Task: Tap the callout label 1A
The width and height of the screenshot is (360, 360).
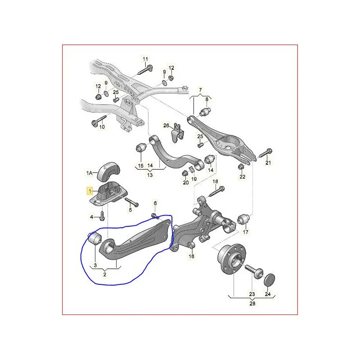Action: [90, 172]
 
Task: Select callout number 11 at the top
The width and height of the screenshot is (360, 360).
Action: [145, 59]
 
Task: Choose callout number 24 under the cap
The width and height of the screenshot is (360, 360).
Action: [268, 295]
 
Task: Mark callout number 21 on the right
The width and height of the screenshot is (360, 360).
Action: [269, 162]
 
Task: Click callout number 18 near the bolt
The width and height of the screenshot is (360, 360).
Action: [215, 181]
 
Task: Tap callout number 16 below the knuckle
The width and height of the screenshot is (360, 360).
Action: [191, 256]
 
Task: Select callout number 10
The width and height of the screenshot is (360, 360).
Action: [102, 127]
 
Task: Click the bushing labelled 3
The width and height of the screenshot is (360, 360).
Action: [95, 239]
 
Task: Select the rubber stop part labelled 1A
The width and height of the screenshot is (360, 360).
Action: [109, 167]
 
